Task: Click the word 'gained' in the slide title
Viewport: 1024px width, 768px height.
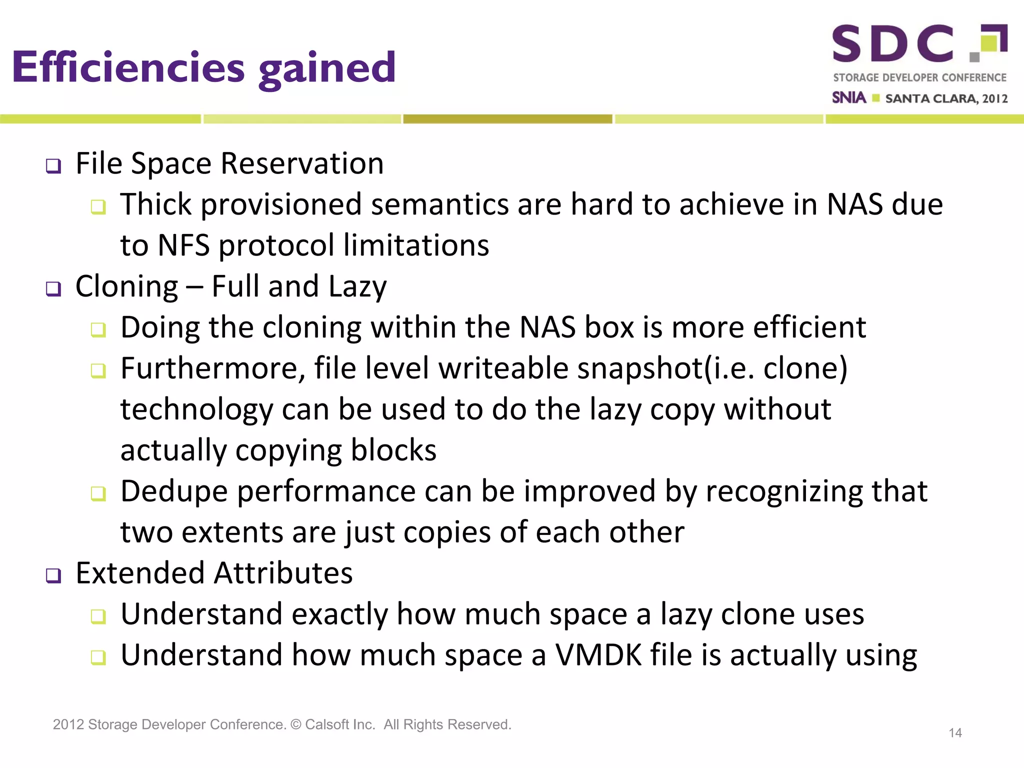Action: click(x=327, y=68)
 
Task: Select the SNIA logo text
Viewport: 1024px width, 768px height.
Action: click(x=848, y=97)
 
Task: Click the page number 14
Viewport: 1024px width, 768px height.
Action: click(x=955, y=733)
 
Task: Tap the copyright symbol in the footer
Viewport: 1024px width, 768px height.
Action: click(x=295, y=724)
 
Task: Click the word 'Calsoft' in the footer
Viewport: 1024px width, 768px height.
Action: click(x=326, y=724)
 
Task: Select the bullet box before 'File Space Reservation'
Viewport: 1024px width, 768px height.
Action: click(x=53, y=165)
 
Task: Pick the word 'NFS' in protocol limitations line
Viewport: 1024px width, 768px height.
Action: click(x=183, y=245)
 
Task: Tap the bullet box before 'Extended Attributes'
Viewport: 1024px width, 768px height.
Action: click(x=53, y=575)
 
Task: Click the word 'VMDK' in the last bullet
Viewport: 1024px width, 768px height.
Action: click(x=598, y=655)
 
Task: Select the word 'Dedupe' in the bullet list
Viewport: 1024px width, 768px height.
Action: click(x=174, y=491)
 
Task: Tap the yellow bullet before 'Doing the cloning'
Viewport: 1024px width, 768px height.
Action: click(x=98, y=329)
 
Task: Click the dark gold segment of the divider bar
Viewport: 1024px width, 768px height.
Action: click(x=507, y=119)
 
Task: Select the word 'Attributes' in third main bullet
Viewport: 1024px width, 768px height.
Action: click(x=283, y=573)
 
